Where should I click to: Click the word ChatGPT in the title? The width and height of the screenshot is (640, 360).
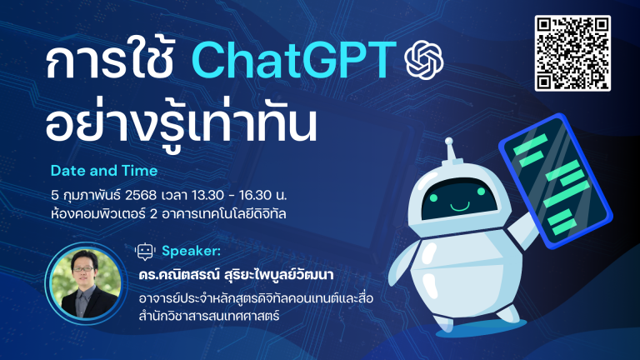click(293, 60)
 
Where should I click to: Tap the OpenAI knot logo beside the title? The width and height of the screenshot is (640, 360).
click(424, 60)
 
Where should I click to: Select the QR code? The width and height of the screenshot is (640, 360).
click(572, 53)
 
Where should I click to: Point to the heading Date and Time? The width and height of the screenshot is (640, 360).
click(104, 171)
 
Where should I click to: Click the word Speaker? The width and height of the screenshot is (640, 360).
click(191, 251)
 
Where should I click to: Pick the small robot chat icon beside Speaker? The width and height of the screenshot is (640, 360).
click(145, 252)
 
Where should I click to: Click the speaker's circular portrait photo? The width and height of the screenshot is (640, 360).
click(85, 283)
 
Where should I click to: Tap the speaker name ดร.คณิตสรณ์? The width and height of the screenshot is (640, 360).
click(179, 274)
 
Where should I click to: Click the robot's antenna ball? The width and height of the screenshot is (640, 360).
click(448, 141)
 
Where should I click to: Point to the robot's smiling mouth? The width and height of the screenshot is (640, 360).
click(460, 206)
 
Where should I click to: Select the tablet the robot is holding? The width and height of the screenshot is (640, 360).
click(556, 181)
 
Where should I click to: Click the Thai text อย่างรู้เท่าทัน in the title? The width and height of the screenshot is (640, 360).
click(181, 124)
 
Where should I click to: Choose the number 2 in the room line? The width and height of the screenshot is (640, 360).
click(153, 214)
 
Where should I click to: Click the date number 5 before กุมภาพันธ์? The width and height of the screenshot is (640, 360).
click(55, 195)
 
